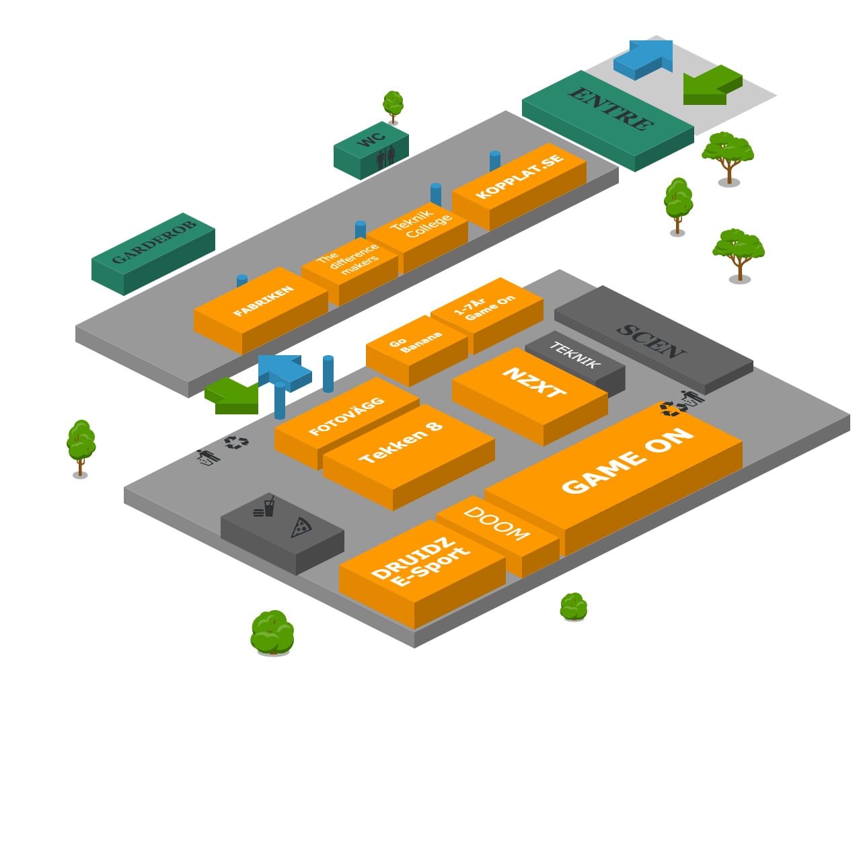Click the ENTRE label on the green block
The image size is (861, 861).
pyautogui.click(x=610, y=108)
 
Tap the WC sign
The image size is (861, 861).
pyautogui.click(x=371, y=139)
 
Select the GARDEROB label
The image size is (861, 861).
pyautogui.click(x=153, y=241)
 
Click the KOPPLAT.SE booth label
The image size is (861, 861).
pyautogui.click(x=519, y=176)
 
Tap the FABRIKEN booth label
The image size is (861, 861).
pyautogui.click(x=263, y=301)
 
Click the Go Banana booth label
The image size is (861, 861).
pyautogui.click(x=414, y=341)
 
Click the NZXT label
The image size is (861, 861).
pyautogui.click(x=534, y=383)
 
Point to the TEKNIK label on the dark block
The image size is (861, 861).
pyautogui.click(x=574, y=354)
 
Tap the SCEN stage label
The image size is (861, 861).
pyautogui.click(x=650, y=340)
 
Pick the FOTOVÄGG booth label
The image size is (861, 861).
pyautogui.click(x=346, y=416)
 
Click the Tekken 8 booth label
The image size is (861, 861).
pyautogui.click(x=401, y=443)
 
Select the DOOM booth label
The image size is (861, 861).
pyautogui.click(x=496, y=523)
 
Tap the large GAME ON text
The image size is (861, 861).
pyautogui.click(x=627, y=461)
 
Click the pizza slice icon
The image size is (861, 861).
pyautogui.click(x=301, y=527)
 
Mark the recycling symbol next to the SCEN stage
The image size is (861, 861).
pyautogui.click(x=669, y=409)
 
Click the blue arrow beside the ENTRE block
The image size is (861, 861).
pyautogui.click(x=644, y=59)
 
